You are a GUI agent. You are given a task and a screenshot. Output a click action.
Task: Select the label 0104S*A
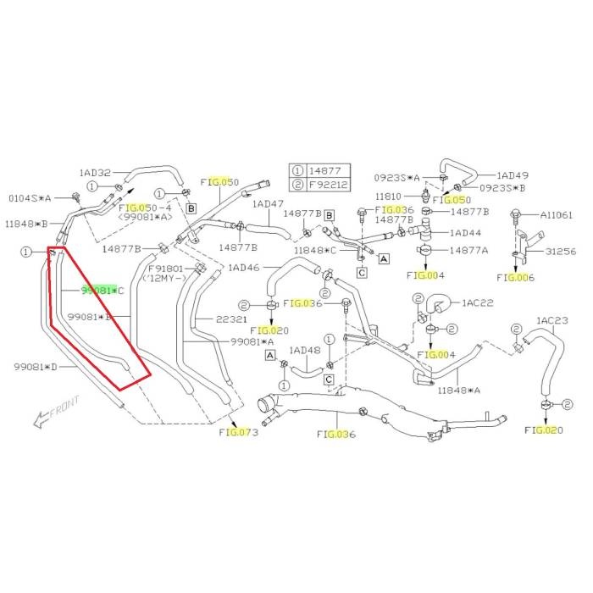click(30, 197)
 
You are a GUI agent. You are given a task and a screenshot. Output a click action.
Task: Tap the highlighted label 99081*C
click(103, 291)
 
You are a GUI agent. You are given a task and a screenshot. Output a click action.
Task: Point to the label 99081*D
click(35, 366)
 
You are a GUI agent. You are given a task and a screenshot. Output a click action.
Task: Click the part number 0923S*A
click(401, 178)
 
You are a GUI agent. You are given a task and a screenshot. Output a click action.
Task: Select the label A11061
click(558, 215)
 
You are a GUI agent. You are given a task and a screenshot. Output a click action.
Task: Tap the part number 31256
click(560, 252)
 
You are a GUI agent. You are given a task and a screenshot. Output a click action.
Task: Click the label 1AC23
click(551, 320)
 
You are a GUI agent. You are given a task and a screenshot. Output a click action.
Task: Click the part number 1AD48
click(304, 350)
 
